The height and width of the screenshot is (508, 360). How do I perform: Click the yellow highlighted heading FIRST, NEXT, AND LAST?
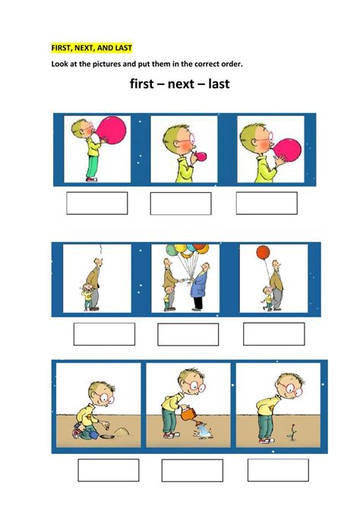tap(91, 48)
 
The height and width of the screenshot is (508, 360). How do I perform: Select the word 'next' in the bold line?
tap(181, 84)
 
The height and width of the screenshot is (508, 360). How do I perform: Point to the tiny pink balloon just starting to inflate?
tap(201, 156)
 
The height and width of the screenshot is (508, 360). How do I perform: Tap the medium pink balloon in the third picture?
tap(287, 150)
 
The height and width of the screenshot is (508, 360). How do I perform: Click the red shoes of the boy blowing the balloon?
tap(92, 179)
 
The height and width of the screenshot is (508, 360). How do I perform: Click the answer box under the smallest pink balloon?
tap(181, 204)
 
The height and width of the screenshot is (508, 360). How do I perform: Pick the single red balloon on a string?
tap(263, 252)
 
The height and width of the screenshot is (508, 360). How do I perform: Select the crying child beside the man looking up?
tap(87, 296)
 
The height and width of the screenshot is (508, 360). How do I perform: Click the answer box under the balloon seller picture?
tap(188, 334)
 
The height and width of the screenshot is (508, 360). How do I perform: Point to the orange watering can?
tap(189, 415)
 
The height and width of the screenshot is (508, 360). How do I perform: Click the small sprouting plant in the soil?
tap(292, 432)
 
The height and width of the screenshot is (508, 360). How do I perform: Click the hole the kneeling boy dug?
tap(106, 437)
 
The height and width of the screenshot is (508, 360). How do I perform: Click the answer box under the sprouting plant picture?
tap(278, 470)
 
